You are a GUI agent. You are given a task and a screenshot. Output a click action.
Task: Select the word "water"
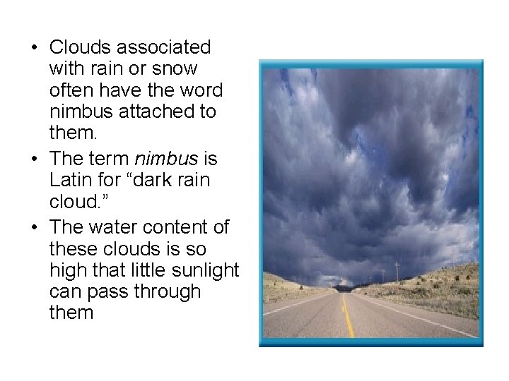tap(117, 226)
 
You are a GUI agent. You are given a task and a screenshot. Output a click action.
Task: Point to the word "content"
tap(185, 226)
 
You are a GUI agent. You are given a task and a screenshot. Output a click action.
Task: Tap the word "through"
tap(168, 291)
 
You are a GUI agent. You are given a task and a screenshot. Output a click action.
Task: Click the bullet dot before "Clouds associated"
tap(33, 48)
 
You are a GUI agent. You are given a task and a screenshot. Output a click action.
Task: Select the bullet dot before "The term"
tap(33, 159)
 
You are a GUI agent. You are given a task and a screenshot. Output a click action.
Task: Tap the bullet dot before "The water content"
tap(33, 227)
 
